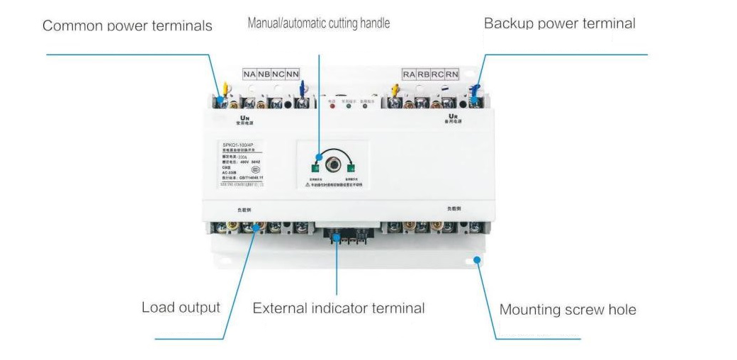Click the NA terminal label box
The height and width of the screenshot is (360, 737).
pyautogui.click(x=249, y=74)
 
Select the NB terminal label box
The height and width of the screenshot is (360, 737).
pyautogui.click(x=264, y=74)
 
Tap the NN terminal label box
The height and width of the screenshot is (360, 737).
pyautogui.click(x=293, y=74)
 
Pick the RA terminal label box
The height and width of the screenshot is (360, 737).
pyautogui.click(x=409, y=74)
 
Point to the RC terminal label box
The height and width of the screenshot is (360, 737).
pyautogui.click(x=438, y=74)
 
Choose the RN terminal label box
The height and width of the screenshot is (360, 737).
pyautogui.click(x=452, y=74)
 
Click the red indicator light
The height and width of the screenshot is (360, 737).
pyautogui.click(x=332, y=108)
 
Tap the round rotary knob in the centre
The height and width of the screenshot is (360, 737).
pyautogui.click(x=332, y=167)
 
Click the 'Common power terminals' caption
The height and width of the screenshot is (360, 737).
pyautogui.click(x=127, y=26)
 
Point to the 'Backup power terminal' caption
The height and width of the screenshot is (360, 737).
pyautogui.click(x=559, y=23)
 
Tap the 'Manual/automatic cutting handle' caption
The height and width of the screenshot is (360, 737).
pyautogui.click(x=318, y=23)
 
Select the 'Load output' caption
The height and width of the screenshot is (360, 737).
pyautogui.click(x=181, y=308)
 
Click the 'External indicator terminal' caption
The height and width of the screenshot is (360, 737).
pyautogui.click(x=339, y=308)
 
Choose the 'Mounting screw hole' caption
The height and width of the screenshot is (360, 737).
pyautogui.click(x=568, y=310)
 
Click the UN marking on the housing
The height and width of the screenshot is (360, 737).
pyautogui.click(x=245, y=118)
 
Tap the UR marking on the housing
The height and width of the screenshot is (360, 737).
pyautogui.click(x=453, y=116)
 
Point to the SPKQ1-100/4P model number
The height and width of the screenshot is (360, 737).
pyautogui.click(x=238, y=146)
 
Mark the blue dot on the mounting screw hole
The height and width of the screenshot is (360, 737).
pyautogui.click(x=478, y=260)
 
